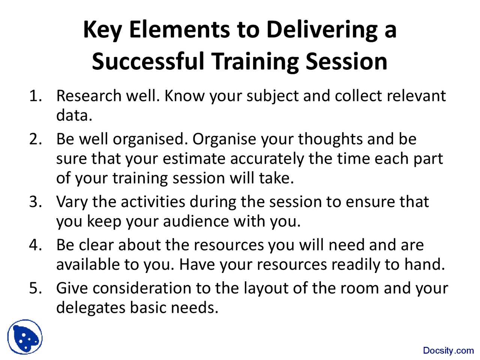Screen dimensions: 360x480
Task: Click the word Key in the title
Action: click(x=102, y=30)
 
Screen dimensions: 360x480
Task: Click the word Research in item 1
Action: click(x=88, y=96)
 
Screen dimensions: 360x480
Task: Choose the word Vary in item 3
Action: click(x=72, y=202)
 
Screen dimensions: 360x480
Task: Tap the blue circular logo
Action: click(x=25, y=337)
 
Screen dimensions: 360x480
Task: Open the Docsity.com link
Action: click(x=448, y=351)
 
